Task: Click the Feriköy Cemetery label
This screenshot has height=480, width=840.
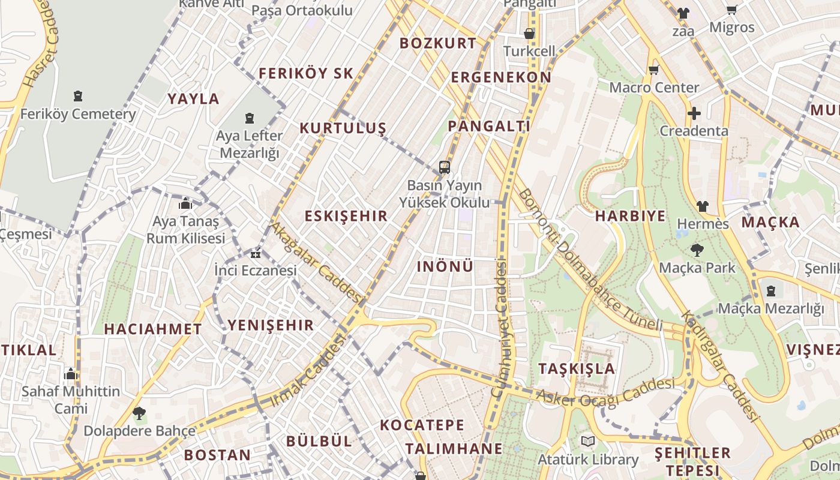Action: [78, 114]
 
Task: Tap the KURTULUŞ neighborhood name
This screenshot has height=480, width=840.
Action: [343, 128]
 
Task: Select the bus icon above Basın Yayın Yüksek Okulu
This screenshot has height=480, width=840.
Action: [444, 167]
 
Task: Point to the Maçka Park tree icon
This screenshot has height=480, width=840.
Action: [697, 250]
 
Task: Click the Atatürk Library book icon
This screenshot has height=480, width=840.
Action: [588, 442]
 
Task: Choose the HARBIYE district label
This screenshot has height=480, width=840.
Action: [630, 217]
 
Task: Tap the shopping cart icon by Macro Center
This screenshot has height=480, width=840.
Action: [654, 70]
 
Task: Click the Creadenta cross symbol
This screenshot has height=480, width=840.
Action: [694, 113]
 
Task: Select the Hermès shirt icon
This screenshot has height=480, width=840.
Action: [702, 206]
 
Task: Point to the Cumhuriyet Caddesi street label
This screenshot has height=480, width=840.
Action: [499, 328]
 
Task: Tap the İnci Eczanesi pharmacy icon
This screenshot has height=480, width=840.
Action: [256, 253]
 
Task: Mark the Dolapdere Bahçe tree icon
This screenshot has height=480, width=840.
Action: [139, 413]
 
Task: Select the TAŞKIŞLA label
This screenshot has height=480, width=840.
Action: [577, 368]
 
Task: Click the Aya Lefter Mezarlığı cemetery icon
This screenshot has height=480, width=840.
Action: [250, 119]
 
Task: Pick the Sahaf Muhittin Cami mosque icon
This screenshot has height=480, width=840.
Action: [71, 374]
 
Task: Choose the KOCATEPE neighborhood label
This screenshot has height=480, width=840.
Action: [422, 425]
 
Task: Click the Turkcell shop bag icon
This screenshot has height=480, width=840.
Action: [529, 34]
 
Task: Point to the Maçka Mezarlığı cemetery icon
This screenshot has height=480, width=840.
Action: [771, 291]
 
